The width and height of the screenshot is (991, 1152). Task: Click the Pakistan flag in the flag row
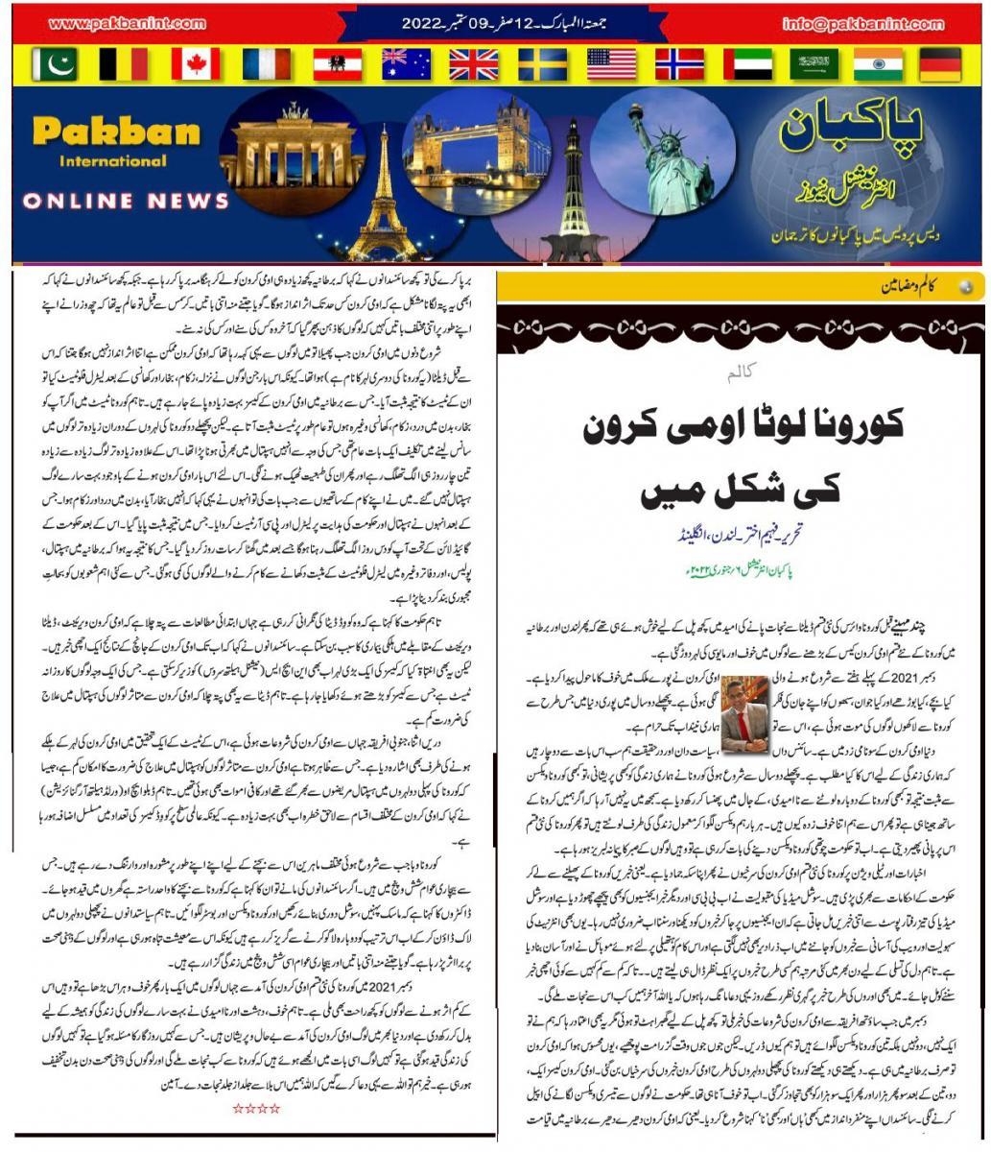pos(54,64)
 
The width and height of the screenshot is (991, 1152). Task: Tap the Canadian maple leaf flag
pos(196,64)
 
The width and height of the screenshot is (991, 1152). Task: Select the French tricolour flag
pos(266,64)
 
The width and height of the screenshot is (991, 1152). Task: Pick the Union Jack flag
pos(473,64)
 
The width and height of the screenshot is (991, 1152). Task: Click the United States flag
pos(611,64)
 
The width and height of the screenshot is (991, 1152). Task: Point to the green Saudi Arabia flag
pos(814,64)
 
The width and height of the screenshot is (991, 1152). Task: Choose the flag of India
pos(878,64)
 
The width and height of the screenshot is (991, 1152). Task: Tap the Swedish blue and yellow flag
pos(542,64)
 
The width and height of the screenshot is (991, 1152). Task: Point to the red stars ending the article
pos(256,1108)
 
